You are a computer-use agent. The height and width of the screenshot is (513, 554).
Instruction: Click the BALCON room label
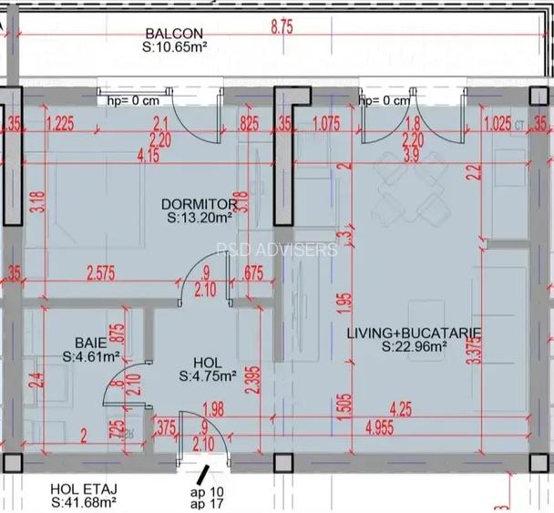pyautogui.click(x=173, y=34)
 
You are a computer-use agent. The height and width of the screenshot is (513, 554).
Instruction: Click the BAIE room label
pyautogui.click(x=91, y=344)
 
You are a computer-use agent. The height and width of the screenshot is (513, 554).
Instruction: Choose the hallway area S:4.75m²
pyautogui.click(x=208, y=374)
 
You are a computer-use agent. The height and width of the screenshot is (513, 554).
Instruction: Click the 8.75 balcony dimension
pyautogui.click(x=282, y=27)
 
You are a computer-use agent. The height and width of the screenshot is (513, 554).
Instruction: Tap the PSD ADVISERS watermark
pyautogui.click(x=278, y=250)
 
